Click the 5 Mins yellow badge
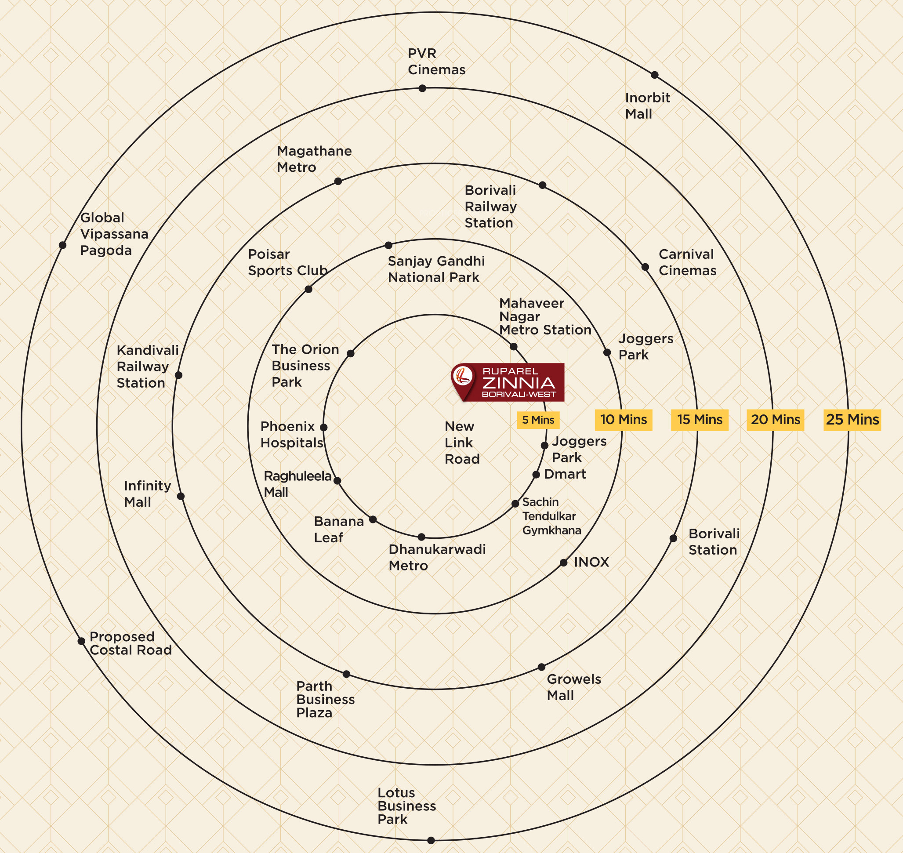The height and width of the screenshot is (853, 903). coord(538,420)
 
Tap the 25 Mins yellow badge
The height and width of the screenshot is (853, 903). coord(852,419)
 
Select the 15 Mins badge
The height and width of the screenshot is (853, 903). coord(699,419)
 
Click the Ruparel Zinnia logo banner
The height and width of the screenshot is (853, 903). coord(508,382)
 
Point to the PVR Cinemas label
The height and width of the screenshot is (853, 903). coord(436,62)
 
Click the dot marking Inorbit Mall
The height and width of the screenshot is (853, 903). coord(655,75)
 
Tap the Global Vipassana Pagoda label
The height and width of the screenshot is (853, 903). coord(114,234)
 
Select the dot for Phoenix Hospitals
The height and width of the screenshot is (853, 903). coord(324,428)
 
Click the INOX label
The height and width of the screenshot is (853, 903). coord(591,562)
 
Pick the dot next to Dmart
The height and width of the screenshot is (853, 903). coord(536,475)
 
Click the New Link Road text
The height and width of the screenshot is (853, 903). coord(462,443)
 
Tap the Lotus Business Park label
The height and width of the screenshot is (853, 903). coord(406,806)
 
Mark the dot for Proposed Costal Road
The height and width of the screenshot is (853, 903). coord(81,641)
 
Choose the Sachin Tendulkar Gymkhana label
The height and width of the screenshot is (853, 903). coord(551,516)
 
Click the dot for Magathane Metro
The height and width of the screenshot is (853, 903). coord(338,181)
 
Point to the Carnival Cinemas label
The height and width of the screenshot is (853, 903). coord(688,262)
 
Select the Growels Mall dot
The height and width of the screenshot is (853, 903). coord(541,667)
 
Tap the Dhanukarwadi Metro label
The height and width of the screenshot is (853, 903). coord(437,557)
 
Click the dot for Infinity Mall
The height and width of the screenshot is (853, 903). coord(181,496)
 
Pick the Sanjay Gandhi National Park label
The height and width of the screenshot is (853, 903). coord(436,269)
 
